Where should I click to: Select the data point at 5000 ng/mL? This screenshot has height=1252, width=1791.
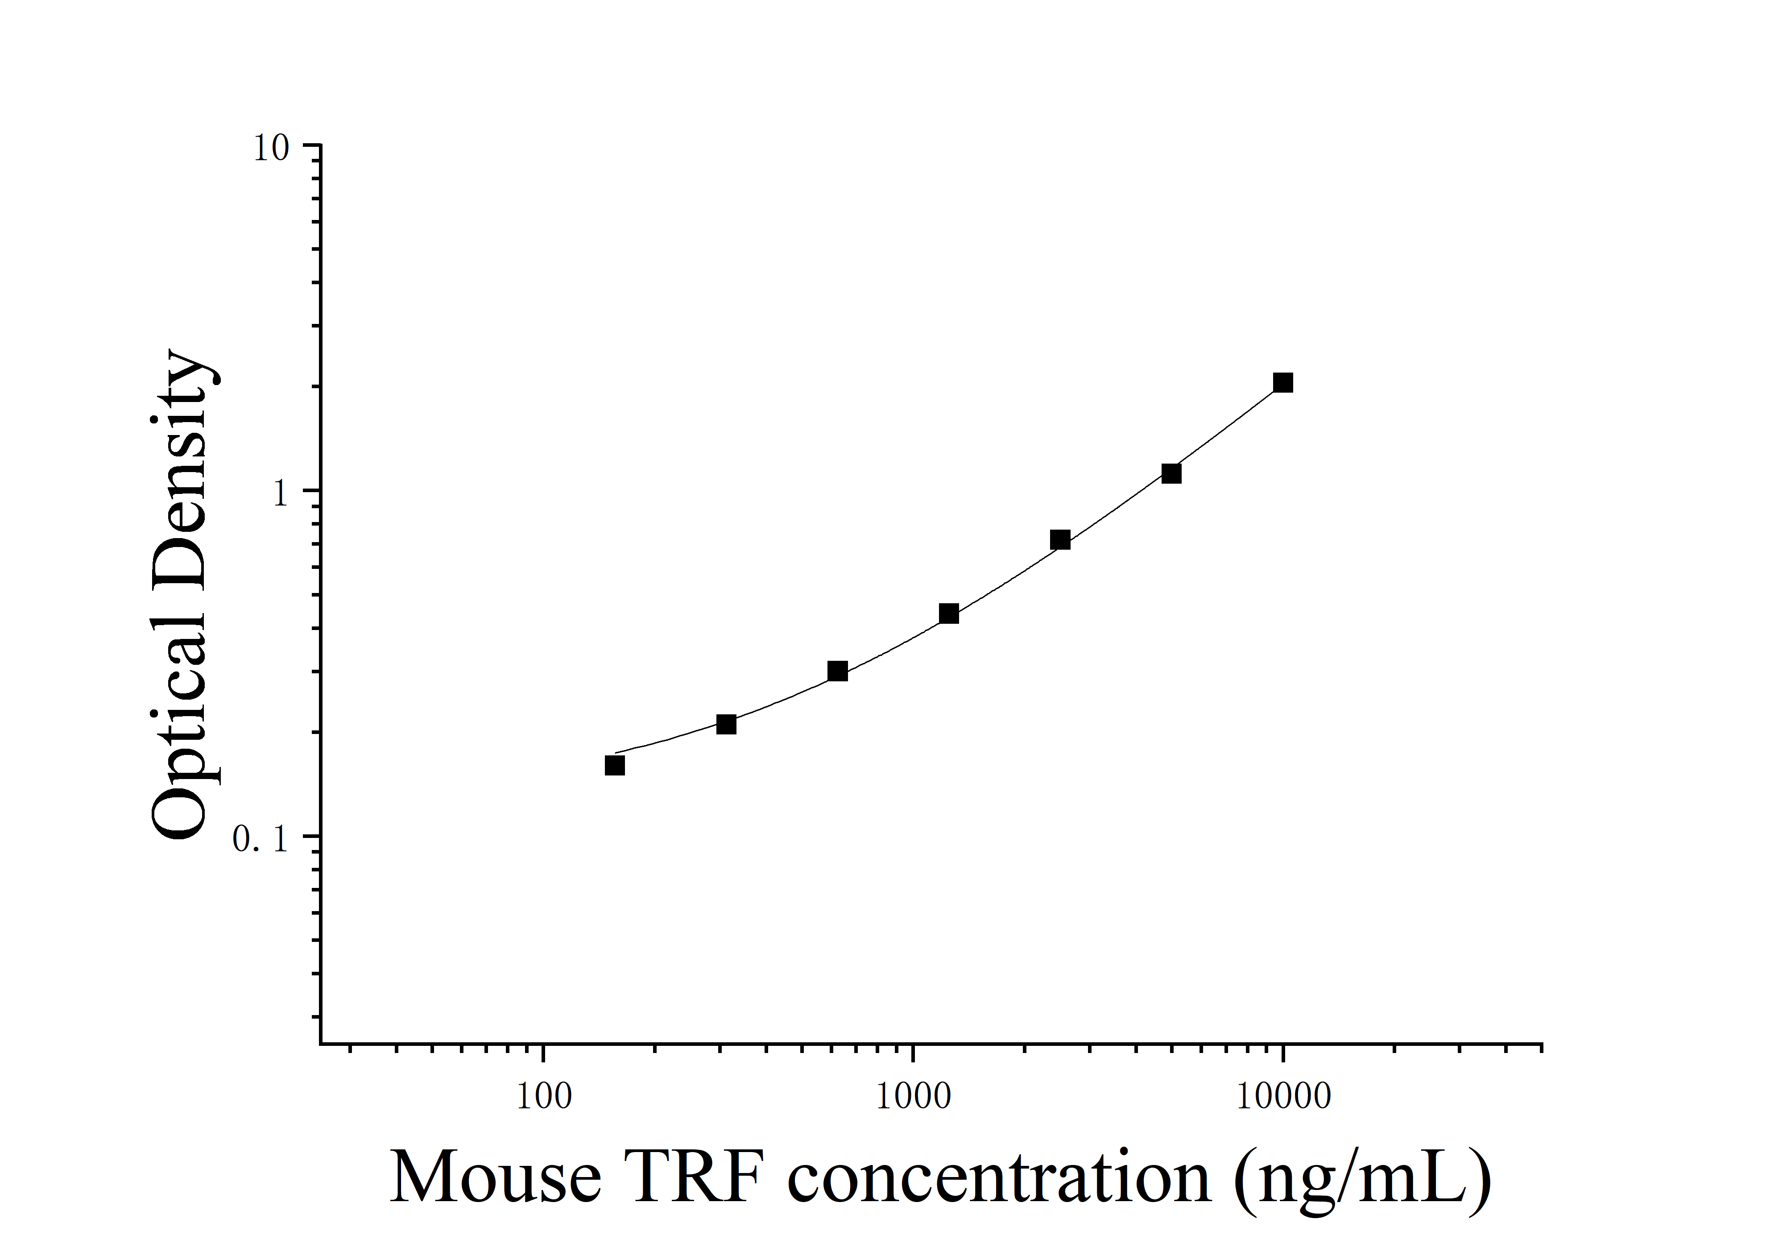(x=1171, y=473)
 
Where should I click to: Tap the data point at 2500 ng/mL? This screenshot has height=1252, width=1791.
(x=1060, y=540)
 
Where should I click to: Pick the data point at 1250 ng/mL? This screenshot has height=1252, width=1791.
(x=948, y=614)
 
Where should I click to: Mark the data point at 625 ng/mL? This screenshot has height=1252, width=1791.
(x=837, y=671)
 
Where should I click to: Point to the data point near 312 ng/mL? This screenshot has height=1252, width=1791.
(x=726, y=725)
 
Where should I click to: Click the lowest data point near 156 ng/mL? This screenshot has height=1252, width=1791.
(x=615, y=766)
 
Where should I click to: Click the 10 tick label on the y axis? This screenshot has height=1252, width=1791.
(x=271, y=148)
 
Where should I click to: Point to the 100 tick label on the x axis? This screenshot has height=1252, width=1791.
(x=544, y=1097)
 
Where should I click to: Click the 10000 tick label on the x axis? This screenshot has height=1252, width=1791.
(x=1283, y=1097)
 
